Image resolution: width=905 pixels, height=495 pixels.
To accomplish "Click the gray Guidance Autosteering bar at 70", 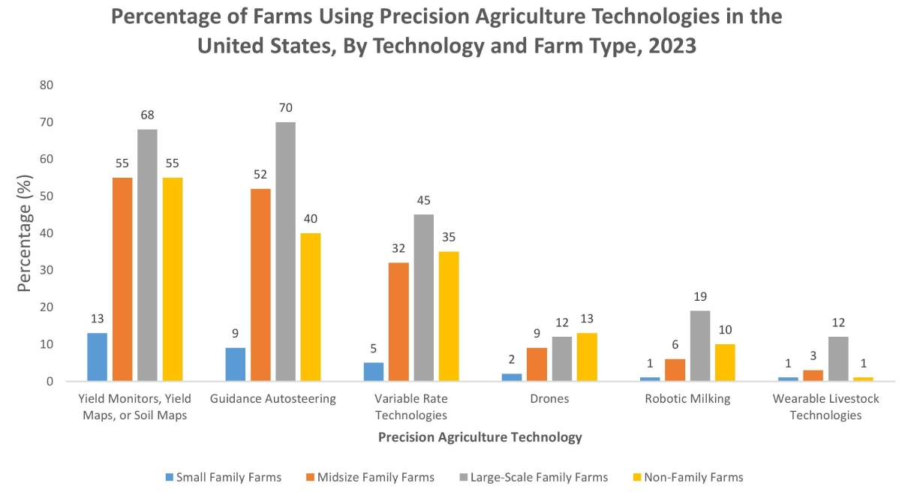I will (285, 251).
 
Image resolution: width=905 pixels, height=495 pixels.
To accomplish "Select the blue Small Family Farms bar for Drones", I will (512, 377).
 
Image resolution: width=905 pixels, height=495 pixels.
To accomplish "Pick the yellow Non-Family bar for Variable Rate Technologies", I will (448, 316).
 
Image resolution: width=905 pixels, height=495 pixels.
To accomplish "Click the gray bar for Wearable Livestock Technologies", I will (838, 359).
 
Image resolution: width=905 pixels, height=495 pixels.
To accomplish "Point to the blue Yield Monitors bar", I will (97, 357).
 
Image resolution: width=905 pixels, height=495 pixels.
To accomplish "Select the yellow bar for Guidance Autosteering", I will (310, 307).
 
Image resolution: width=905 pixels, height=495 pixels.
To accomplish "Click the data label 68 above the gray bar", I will (147, 115).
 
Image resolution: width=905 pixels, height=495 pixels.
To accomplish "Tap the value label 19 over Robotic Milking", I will (700, 296).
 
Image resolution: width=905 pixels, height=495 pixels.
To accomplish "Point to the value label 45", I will (423, 200).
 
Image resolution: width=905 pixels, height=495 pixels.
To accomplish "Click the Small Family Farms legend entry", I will (223, 477).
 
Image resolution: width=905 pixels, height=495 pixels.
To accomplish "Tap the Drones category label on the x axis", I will (549, 399).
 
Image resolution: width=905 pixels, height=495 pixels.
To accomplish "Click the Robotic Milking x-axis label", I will (687, 399).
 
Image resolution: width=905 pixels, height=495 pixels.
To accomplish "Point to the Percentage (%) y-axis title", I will (26, 234).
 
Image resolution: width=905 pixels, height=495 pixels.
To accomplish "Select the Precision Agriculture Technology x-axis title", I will (480, 437).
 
